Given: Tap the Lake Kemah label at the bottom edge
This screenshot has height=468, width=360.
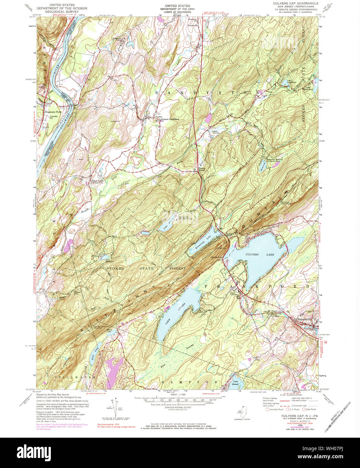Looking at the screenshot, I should coord(236,383).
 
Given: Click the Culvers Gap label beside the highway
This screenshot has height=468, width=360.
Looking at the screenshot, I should coord(230,234).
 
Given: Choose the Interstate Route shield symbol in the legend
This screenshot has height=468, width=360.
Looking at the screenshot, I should coord(267,409).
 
